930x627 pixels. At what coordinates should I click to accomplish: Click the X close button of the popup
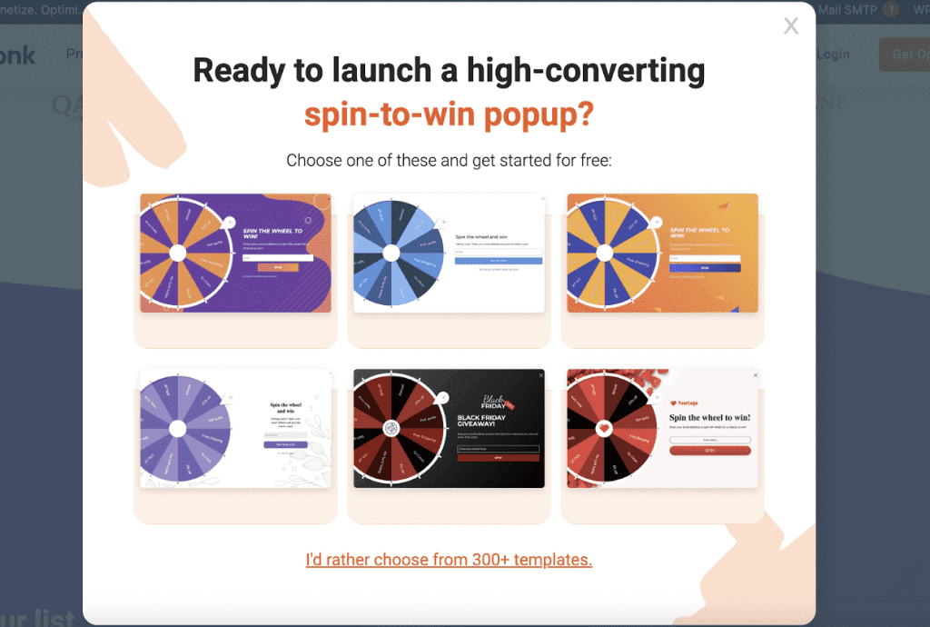(791, 26)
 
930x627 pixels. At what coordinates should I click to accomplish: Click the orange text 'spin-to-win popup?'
(449, 114)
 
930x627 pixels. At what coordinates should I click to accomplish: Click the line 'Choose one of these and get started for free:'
(449, 161)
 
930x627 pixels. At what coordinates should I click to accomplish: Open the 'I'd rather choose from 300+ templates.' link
(449, 559)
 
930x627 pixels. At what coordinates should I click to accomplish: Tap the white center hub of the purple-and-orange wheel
(177, 253)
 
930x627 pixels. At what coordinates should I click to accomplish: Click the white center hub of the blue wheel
(391, 253)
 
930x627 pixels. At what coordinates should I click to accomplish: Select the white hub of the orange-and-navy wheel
(605, 253)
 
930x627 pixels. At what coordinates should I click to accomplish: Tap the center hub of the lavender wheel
(177, 428)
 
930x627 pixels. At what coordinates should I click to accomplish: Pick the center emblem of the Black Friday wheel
(391, 429)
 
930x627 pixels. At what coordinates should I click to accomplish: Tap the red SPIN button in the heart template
(710, 451)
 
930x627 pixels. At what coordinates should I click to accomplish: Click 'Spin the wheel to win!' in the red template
(710, 417)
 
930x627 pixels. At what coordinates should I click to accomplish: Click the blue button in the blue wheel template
(498, 261)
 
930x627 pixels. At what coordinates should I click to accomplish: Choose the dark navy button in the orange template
(705, 268)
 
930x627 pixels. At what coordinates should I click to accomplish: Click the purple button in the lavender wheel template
(285, 444)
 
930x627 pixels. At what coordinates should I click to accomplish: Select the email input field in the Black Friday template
(498, 448)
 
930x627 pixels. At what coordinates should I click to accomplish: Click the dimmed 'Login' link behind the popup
(833, 55)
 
